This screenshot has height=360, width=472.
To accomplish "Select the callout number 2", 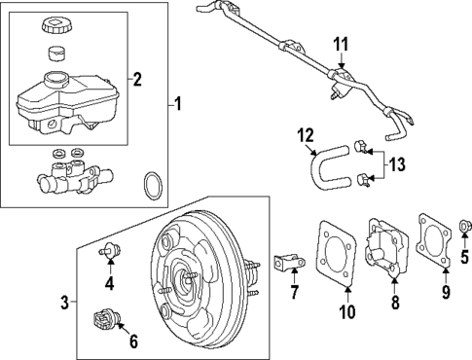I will pyautogui.click(x=137, y=79).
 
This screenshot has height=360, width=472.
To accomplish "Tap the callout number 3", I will pyautogui.click(x=65, y=303).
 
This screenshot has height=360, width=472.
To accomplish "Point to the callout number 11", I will pyautogui.click(x=341, y=44).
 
